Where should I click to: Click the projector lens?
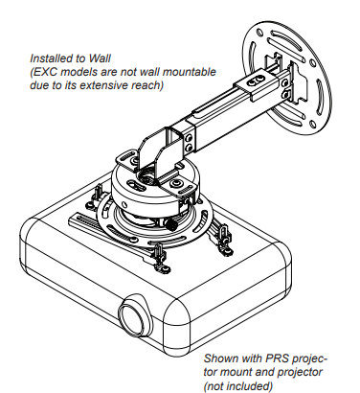(135, 318)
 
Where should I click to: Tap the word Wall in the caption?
(100, 58)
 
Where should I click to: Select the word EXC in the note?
(45, 72)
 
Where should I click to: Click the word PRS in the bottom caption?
(277, 358)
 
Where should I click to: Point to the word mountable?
(190, 72)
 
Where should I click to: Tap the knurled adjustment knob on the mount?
(171, 224)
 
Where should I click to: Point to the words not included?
(239, 386)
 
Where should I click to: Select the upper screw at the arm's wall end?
(285, 83)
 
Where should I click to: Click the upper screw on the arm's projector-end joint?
(190, 138)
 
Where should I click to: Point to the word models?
(79, 72)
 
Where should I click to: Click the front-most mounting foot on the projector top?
(160, 259)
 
